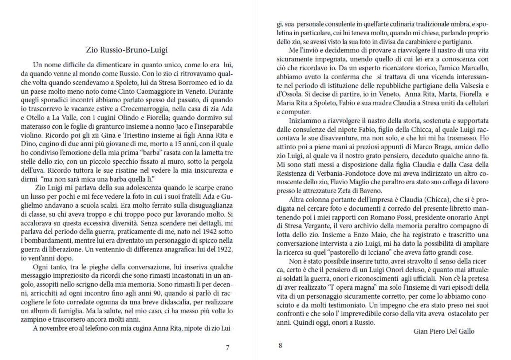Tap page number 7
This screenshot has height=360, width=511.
[227, 348]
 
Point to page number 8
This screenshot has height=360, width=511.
[280, 345]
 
